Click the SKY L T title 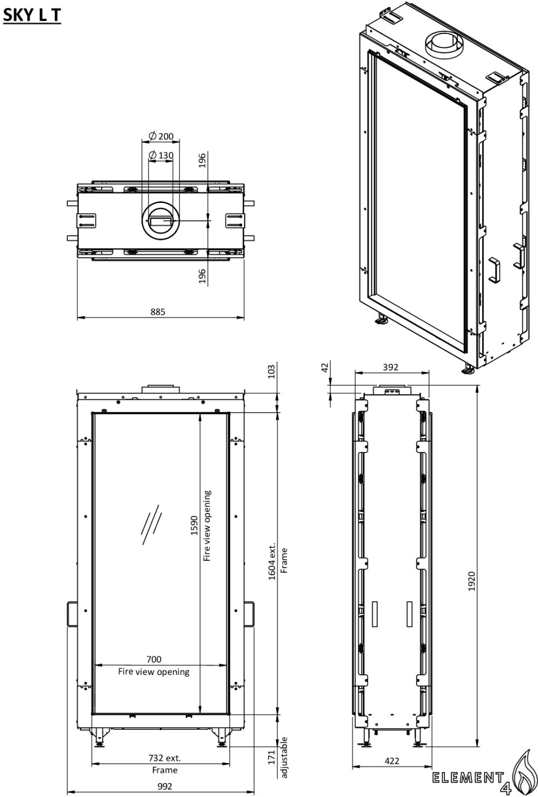(x=32, y=15)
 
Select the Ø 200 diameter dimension (x=161, y=136)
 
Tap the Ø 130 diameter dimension (x=161, y=155)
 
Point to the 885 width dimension (x=158, y=312)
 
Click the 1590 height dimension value (x=194, y=525)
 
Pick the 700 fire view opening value (x=154, y=659)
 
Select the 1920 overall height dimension (x=471, y=581)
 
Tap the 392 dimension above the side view (x=391, y=367)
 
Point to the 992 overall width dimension (x=165, y=786)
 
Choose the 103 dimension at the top (x=272, y=371)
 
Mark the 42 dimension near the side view (x=324, y=368)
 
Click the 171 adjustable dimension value (x=272, y=757)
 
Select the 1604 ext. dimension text (x=272, y=561)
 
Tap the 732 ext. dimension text (x=165, y=758)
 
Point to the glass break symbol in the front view (x=152, y=524)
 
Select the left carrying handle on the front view (x=72, y=614)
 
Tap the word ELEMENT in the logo (x=468, y=778)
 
